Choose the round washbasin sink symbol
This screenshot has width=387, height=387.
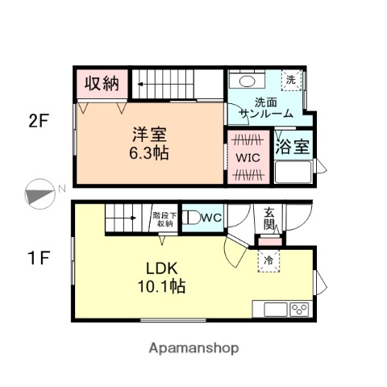coord(246,81)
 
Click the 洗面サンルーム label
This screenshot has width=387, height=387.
coord(268,109)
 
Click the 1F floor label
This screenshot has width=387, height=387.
coord(39,260)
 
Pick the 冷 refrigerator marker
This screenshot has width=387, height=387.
coord(268,260)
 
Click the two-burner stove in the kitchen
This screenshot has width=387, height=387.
coord(299,310)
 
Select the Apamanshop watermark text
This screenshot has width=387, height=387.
coord(193,348)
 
